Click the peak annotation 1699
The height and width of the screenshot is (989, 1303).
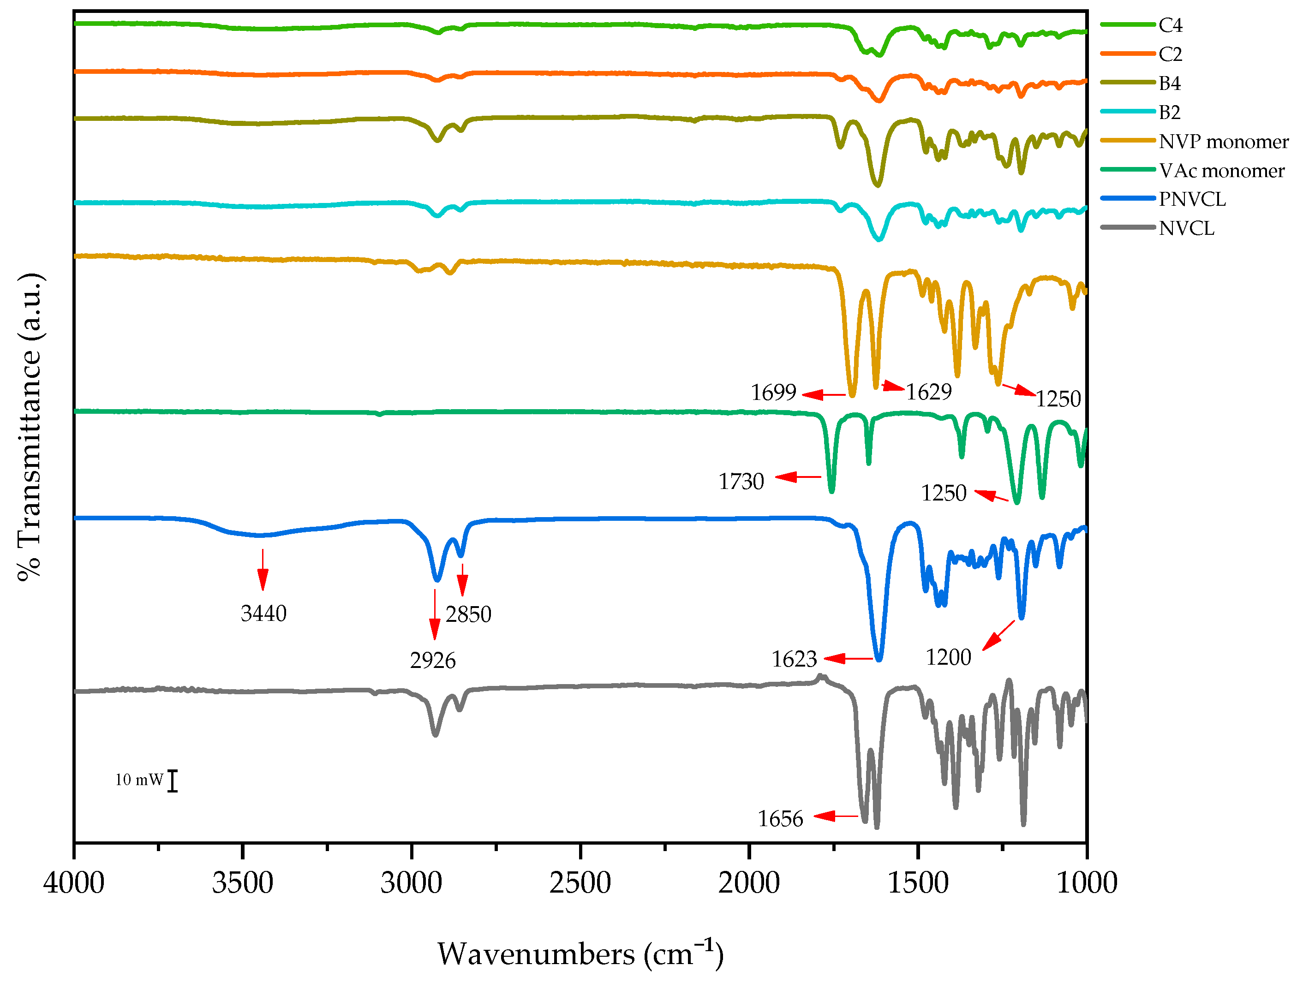point(773,392)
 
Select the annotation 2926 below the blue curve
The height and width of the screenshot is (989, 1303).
point(433,660)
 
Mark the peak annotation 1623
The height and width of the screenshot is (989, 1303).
point(794,659)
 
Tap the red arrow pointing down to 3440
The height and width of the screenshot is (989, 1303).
point(263,570)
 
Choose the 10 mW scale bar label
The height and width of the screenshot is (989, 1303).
point(139,780)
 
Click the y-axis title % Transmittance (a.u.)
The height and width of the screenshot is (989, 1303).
point(30,427)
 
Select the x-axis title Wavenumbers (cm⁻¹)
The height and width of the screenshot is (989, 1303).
point(580,953)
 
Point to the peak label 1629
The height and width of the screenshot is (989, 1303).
point(928,392)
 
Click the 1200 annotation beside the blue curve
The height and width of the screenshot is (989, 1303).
point(948,657)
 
